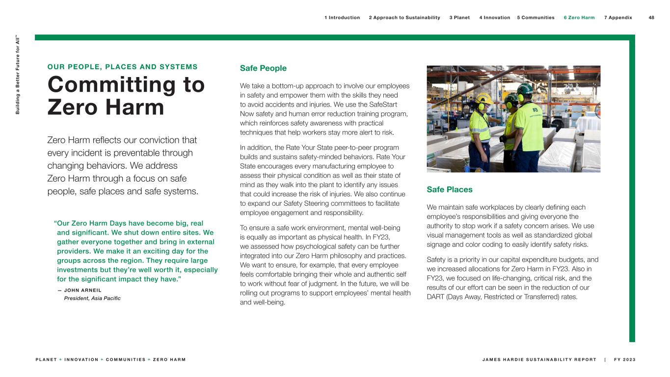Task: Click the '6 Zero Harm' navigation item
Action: tap(579, 18)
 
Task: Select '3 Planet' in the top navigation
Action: tap(459, 18)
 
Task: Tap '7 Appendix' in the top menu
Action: tap(618, 18)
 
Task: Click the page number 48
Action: tap(651, 18)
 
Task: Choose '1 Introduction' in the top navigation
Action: tap(342, 18)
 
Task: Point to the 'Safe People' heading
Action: tap(263, 68)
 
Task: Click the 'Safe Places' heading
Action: tap(450, 189)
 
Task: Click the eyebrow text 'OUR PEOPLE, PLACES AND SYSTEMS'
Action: tap(123, 67)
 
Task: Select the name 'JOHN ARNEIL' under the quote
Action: tap(83, 290)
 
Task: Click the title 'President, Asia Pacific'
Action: tap(92, 298)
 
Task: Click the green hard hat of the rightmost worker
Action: tap(526, 89)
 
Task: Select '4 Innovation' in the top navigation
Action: tap(494, 18)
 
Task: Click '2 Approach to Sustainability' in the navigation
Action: tap(404, 18)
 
